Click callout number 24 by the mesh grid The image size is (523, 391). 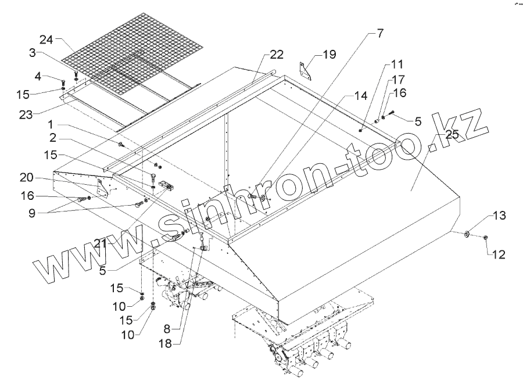[x=47, y=40]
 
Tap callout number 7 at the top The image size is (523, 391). [x=379, y=33]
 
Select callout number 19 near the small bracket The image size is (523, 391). [x=329, y=55]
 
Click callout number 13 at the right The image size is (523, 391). [x=499, y=216]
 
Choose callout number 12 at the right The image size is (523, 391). [x=499, y=254]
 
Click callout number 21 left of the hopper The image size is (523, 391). [x=101, y=243]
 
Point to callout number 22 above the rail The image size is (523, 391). [x=276, y=55]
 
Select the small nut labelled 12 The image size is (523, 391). [x=485, y=236]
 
